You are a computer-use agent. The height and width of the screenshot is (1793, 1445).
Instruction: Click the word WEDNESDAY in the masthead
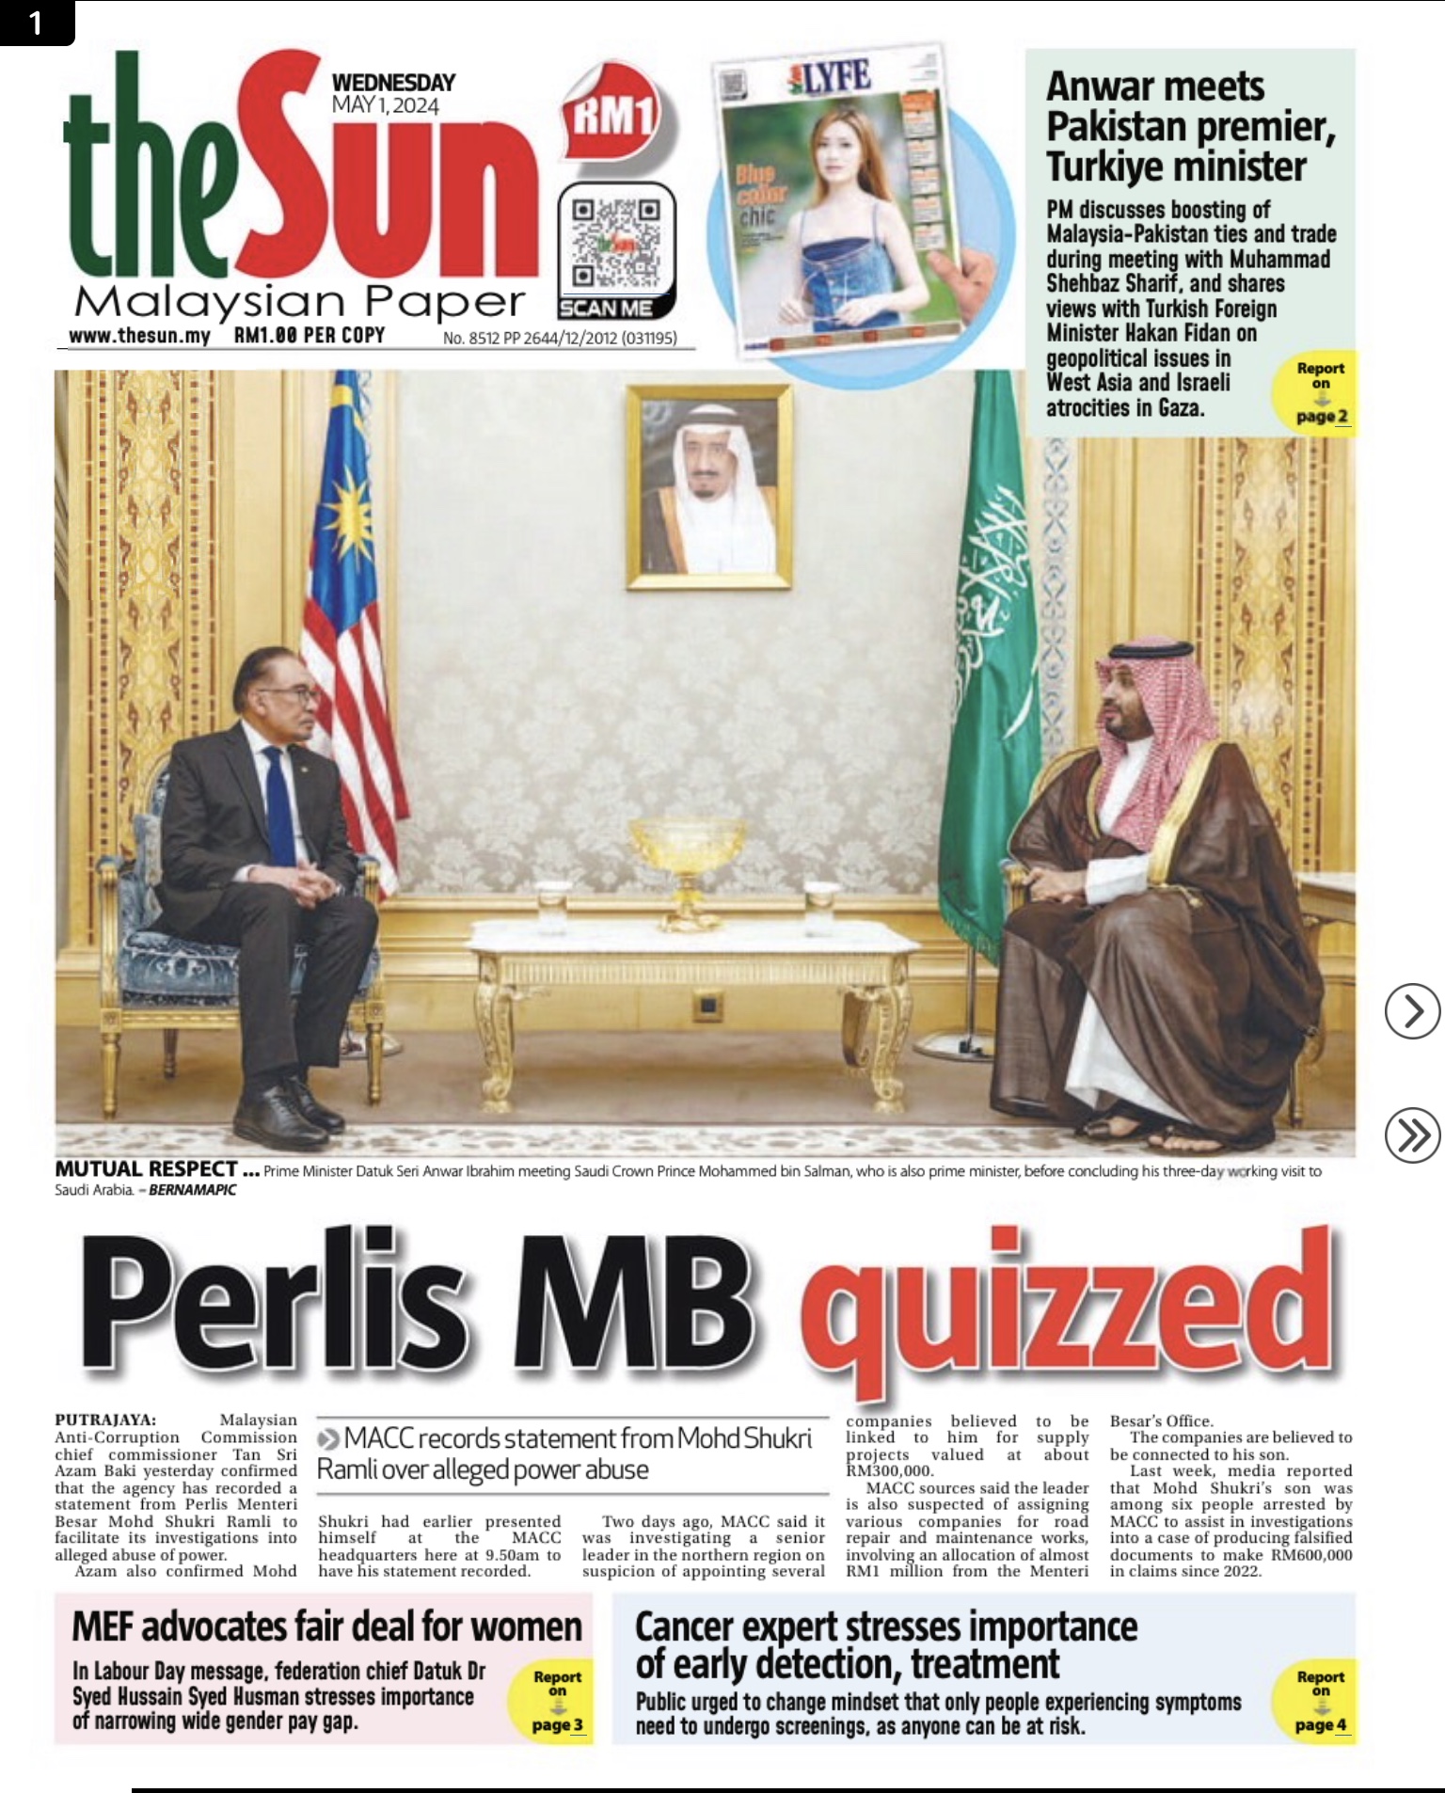[393, 83]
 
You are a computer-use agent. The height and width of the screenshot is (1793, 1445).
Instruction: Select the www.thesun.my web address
[139, 336]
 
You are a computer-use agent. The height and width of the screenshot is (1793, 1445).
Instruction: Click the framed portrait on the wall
[709, 487]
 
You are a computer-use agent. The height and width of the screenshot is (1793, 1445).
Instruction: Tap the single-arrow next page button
[1412, 1011]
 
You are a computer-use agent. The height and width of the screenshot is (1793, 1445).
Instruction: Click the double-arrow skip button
[1412, 1135]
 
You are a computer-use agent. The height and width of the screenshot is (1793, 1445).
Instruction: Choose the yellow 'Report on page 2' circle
[1321, 392]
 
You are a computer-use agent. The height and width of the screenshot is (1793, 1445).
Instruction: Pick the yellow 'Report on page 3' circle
[557, 1700]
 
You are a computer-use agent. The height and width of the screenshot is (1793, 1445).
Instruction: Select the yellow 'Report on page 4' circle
[1320, 1700]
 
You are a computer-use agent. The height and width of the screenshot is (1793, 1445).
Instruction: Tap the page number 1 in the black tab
[36, 22]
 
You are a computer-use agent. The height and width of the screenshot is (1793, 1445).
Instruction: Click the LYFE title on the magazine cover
[830, 77]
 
